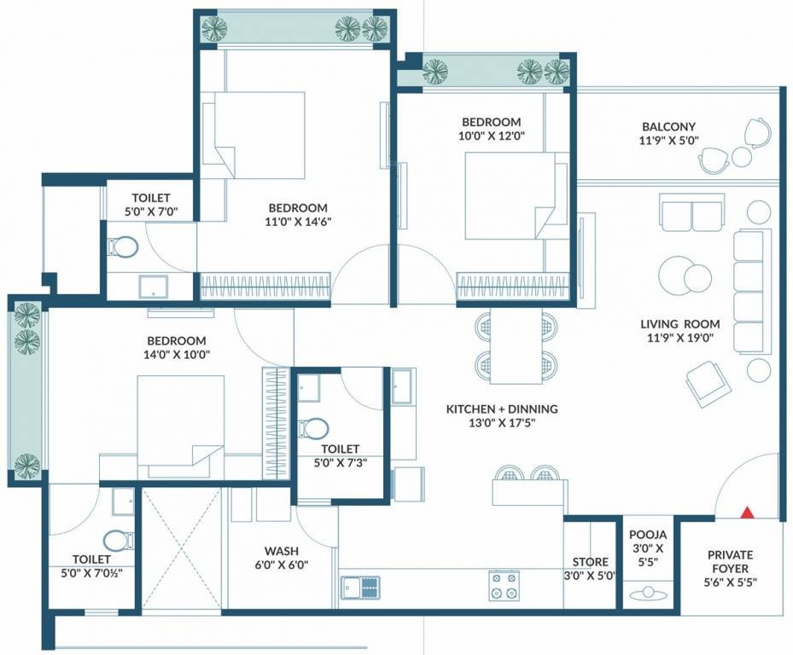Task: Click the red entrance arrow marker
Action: (747, 513)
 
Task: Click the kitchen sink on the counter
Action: (360, 586)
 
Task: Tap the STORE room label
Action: (590, 562)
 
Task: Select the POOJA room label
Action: (647, 535)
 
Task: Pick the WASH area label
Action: (280, 550)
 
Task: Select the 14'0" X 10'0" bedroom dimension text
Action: (176, 355)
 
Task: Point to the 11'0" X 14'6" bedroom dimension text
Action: (298, 222)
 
